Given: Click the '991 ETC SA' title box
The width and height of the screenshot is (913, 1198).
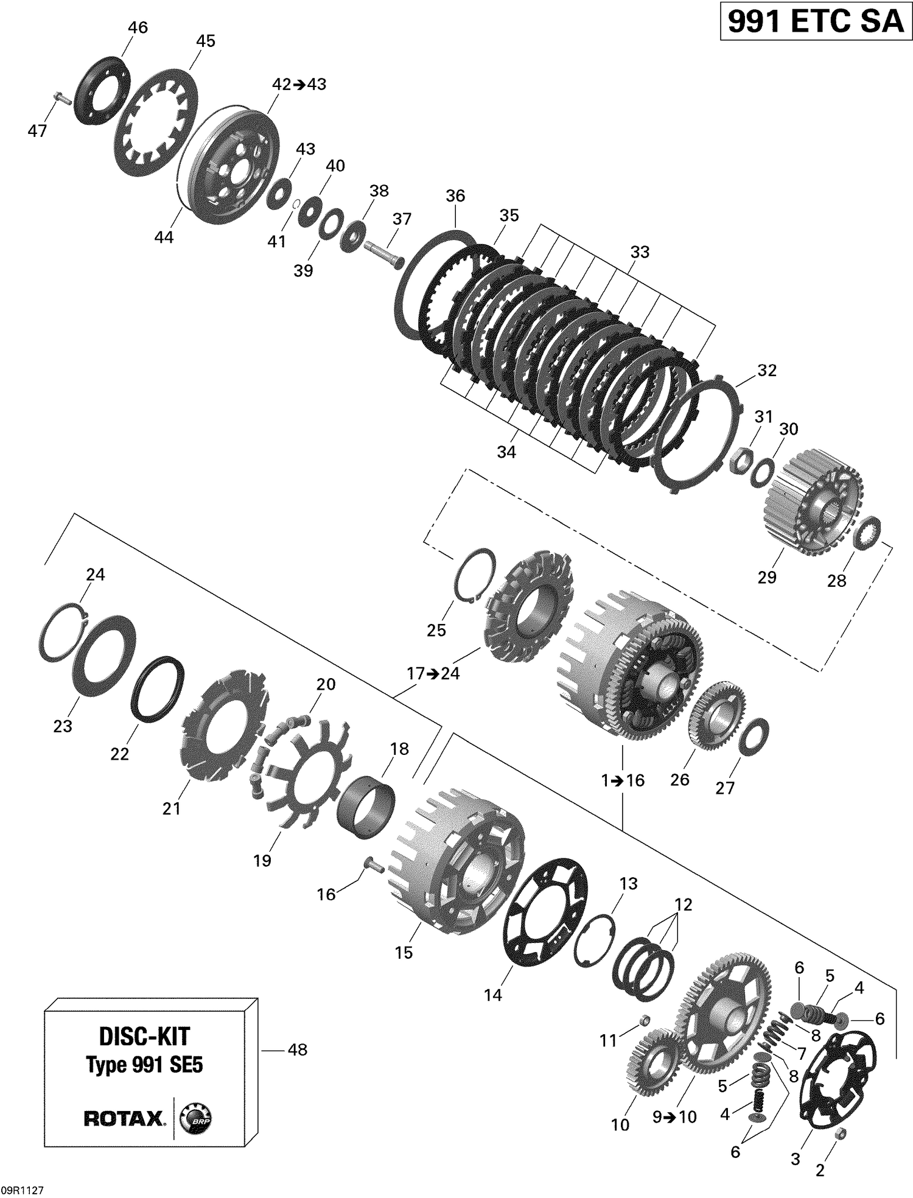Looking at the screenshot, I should (816, 22).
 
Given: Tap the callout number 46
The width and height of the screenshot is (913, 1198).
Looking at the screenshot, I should (138, 27).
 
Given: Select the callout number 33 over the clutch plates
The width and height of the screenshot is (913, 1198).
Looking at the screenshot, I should (640, 251).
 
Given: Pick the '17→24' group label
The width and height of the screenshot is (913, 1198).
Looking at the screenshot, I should (433, 674).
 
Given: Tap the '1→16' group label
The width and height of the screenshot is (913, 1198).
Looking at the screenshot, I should (622, 780).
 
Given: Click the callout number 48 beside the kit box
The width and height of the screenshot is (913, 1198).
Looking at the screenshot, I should (297, 1049).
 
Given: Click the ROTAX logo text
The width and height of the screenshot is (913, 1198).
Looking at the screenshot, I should (124, 1118).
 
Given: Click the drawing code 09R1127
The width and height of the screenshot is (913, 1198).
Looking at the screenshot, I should (23, 1190).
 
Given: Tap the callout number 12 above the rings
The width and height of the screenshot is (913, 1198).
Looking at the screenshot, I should (683, 905).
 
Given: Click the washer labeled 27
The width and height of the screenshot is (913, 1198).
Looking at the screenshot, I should (753, 735).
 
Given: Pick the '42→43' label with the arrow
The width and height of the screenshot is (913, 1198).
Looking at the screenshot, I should (299, 84).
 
